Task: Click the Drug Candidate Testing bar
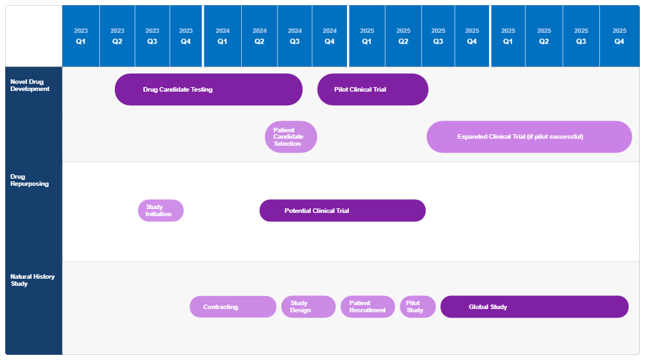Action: pos(208,90)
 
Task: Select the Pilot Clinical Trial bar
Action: pos(373,90)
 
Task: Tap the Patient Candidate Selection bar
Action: pos(291,137)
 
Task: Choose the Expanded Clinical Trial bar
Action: pos(529,137)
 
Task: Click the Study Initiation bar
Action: pos(161,210)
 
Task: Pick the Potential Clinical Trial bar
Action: pos(342,210)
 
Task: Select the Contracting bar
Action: pos(233,307)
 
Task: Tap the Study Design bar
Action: pos(308,307)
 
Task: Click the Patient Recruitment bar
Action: pos(368,307)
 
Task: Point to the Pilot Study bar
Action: pos(418,307)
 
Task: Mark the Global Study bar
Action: pos(534,307)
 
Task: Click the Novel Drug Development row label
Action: pos(30,85)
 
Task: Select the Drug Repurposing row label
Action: pos(30,180)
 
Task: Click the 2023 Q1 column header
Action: pos(81,36)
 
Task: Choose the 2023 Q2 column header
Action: pos(117,36)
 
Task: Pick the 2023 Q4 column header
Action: pos(186,36)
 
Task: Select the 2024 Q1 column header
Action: pos(223,36)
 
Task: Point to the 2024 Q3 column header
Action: pos(295,36)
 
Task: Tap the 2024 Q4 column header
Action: pos(330,36)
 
